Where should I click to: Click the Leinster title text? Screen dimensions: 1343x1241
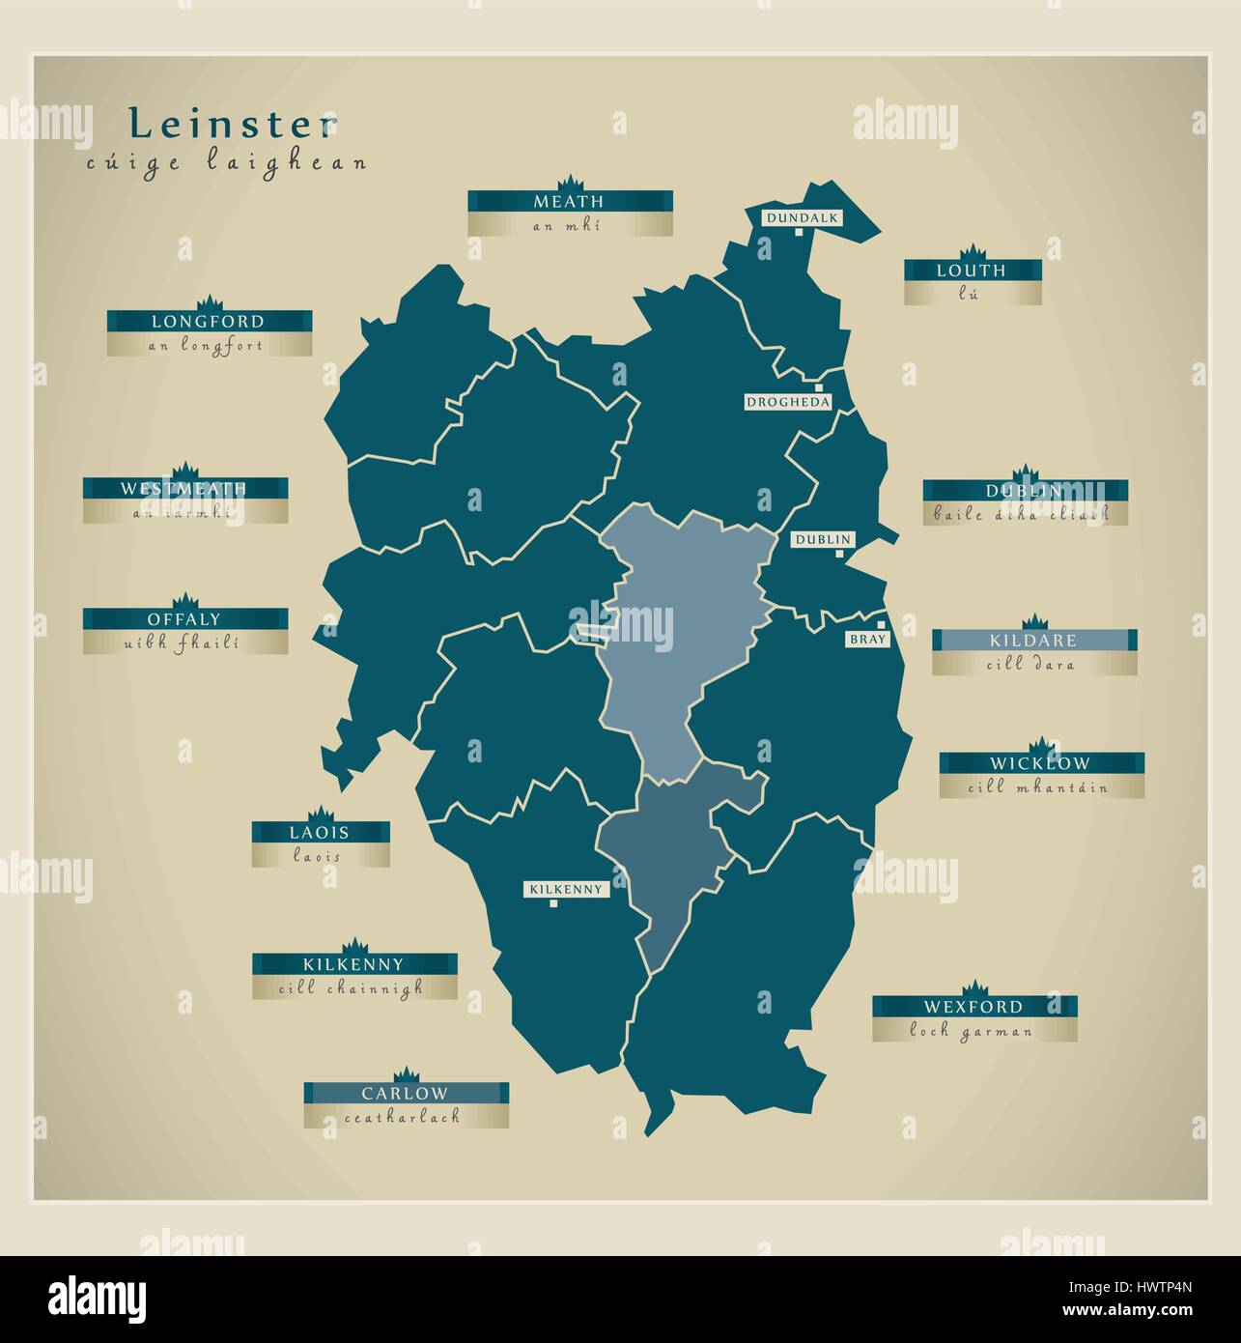(x=234, y=124)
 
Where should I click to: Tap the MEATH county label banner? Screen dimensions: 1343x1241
(x=570, y=201)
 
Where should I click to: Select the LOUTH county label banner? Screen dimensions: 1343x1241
(x=972, y=271)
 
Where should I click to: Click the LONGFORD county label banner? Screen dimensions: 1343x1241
(x=209, y=321)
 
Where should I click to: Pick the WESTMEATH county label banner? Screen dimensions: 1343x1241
(x=184, y=488)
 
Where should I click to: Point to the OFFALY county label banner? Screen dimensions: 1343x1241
(x=184, y=619)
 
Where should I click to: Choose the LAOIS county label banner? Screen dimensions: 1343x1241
(x=321, y=832)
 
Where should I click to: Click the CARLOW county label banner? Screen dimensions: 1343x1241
(x=406, y=1093)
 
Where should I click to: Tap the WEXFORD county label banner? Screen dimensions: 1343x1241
(x=973, y=1007)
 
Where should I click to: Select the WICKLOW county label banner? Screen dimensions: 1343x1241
(x=1041, y=763)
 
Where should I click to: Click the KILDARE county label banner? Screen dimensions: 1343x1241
(x=1033, y=640)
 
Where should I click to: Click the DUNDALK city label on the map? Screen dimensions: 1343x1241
(x=802, y=218)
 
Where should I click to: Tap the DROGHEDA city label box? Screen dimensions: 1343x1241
(x=787, y=402)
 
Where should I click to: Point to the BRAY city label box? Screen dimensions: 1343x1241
(x=861, y=640)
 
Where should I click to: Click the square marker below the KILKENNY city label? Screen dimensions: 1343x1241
(x=553, y=904)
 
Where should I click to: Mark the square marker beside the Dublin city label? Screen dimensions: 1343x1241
(x=840, y=554)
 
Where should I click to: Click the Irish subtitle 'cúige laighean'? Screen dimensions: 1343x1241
(x=226, y=162)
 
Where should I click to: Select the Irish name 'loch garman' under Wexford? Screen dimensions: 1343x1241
(x=973, y=1031)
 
